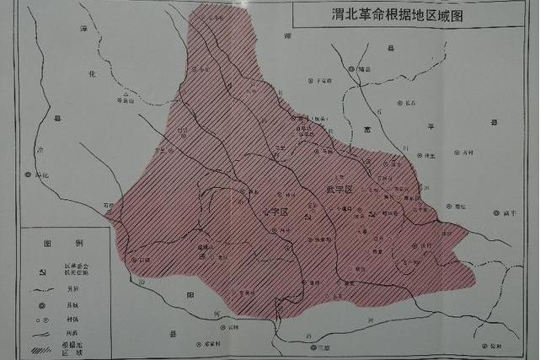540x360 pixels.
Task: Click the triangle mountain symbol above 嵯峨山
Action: (126, 92)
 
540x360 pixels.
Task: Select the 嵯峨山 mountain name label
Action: (126, 99)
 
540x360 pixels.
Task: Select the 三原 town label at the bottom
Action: (323, 347)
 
